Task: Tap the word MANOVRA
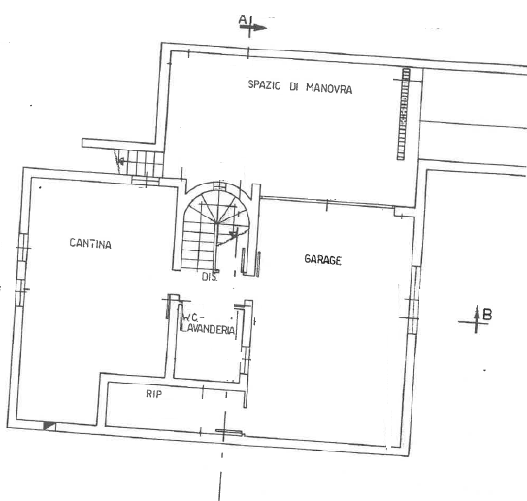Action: (x=325, y=89)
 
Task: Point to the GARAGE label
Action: (x=322, y=259)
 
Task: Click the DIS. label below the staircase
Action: (x=209, y=278)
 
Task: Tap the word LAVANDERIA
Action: (x=209, y=330)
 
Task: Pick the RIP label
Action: (x=152, y=393)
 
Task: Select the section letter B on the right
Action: (x=487, y=313)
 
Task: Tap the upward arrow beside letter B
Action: (x=476, y=318)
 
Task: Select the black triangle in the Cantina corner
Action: (x=49, y=424)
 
